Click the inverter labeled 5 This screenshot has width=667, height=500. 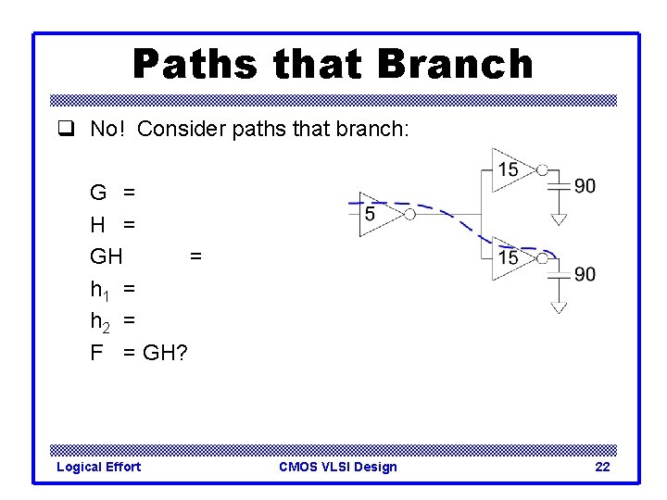[x=377, y=214]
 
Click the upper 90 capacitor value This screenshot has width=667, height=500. [x=585, y=186]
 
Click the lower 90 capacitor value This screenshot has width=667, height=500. [x=585, y=274]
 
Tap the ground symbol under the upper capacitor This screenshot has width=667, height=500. [x=558, y=219]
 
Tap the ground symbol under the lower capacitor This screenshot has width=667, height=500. [x=558, y=307]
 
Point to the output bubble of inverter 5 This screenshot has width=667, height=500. [x=409, y=214]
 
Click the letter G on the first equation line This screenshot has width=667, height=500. [x=97, y=193]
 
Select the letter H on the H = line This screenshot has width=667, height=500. [x=97, y=223]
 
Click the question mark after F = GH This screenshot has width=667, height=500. [x=179, y=352]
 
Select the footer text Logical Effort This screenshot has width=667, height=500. [x=98, y=467]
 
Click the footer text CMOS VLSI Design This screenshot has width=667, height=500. [x=337, y=467]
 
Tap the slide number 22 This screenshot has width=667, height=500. [x=602, y=467]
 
